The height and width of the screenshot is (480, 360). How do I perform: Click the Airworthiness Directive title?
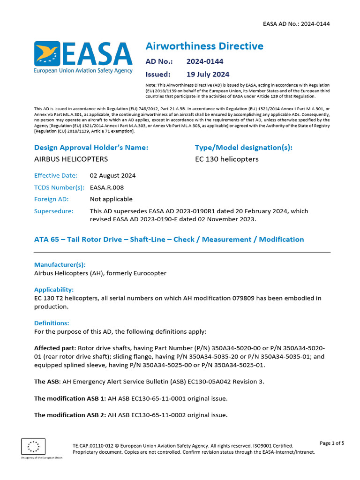coord(204,46)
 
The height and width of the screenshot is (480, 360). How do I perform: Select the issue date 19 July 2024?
coord(208,74)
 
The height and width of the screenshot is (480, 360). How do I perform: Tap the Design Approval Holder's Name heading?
coord(91,147)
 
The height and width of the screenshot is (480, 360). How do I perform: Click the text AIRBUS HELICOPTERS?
coord(71,159)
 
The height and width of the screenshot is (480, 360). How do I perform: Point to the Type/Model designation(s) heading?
coord(243,147)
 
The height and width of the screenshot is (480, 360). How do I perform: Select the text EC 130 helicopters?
coord(226,159)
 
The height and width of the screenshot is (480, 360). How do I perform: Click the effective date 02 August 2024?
coord(112,175)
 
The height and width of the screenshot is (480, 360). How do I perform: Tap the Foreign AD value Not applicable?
coord(111,199)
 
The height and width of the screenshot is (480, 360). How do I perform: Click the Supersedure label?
coord(54,211)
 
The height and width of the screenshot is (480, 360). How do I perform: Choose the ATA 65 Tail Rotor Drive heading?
coord(169,239)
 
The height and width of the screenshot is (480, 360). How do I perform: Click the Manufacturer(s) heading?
coord(60,264)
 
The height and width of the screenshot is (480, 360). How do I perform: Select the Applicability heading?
coord(54,289)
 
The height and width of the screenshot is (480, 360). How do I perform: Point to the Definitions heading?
coord(52,323)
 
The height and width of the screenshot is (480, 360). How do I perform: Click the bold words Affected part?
coord(55,348)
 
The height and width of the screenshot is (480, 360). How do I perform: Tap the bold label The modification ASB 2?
coord(70,415)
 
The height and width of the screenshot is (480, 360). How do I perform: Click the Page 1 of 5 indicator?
coord(332,443)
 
